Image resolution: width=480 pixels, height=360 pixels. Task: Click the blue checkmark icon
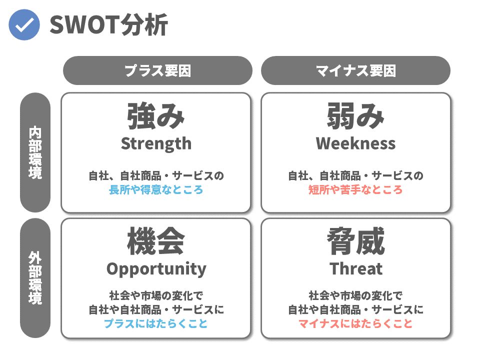point(24,25)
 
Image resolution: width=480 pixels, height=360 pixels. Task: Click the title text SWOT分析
point(108,25)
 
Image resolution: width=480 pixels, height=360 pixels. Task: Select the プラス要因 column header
point(157,70)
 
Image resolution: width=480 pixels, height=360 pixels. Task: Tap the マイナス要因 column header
point(355,70)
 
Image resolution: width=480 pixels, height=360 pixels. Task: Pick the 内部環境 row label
point(35,152)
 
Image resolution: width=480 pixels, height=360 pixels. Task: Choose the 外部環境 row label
point(35,278)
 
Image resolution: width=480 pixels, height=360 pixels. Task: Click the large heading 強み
point(156,116)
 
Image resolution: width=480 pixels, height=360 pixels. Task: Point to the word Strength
point(156,143)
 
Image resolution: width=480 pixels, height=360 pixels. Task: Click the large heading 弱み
point(355,116)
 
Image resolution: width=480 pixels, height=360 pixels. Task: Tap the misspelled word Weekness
point(355,143)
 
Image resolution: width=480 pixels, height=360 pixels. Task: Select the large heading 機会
point(156,241)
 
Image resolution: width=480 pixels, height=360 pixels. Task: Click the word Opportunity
point(156,269)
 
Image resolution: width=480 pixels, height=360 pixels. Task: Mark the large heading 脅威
point(355,241)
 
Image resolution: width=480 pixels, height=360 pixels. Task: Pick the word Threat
point(356,269)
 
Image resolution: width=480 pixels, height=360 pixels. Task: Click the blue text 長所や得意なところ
point(156,190)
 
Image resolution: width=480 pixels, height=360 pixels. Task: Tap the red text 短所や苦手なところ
point(355,190)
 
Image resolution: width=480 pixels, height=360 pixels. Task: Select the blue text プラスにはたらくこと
point(156,323)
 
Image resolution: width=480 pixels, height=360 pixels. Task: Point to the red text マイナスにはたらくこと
point(355,323)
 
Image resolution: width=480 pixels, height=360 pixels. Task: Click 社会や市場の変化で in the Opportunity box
point(156,295)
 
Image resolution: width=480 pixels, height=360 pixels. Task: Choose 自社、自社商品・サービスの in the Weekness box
point(355,175)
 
